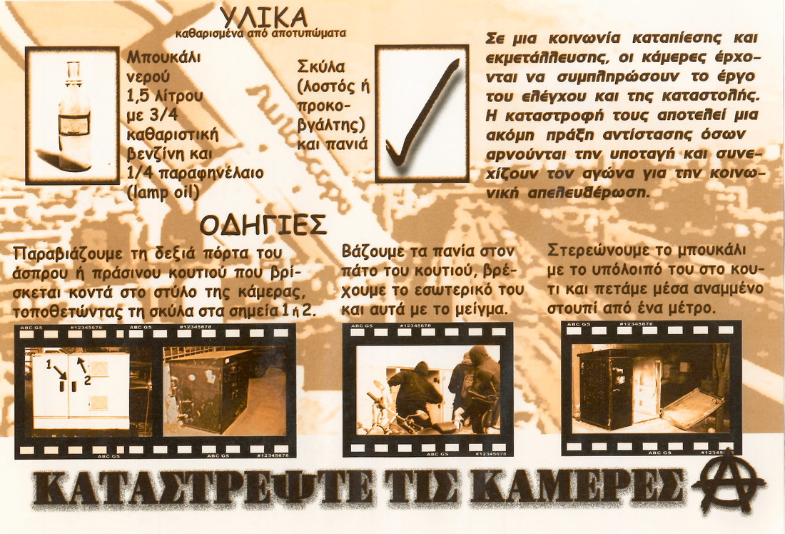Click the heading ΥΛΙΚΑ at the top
(264, 18)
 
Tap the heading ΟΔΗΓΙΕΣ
(263, 226)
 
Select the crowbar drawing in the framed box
(422, 113)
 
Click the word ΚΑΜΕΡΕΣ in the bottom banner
(577, 488)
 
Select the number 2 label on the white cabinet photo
(87, 381)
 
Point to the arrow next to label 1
(59, 372)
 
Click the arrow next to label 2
(81, 365)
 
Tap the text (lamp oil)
(163, 193)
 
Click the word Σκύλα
(321, 66)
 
